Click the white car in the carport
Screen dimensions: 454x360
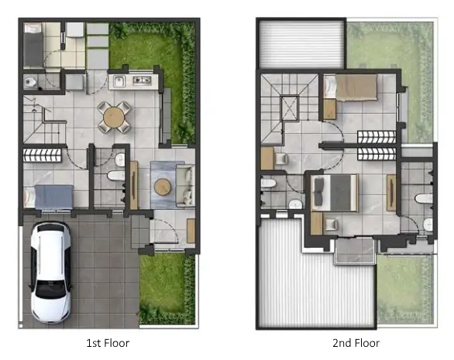[51, 273]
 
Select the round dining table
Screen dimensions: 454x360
[114, 117]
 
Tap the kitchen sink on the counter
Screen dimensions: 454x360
[119, 81]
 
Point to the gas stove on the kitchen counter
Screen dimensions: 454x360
[142, 81]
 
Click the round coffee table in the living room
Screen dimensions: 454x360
[163, 187]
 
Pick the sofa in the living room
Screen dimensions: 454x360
[185, 185]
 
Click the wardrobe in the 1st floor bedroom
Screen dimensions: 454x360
[43, 155]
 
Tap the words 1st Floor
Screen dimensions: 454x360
[108, 343]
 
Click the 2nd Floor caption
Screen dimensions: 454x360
[356, 343]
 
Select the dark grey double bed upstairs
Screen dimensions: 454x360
[335, 193]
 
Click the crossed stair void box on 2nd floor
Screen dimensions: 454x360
[290, 108]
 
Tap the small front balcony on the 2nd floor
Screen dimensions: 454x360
[355, 251]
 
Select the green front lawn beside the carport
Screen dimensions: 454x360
[167, 289]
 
